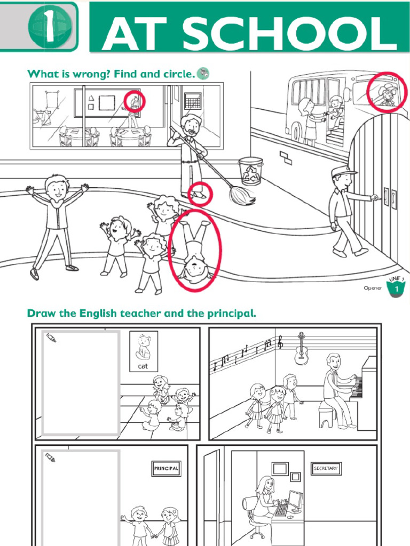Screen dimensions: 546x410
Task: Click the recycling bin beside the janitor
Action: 250,171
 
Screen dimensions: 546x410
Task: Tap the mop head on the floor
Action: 242,196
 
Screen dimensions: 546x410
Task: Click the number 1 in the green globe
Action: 49,27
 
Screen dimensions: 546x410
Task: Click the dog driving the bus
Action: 388,94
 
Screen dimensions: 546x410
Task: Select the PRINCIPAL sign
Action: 166,468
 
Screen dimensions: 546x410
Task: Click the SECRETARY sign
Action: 326,468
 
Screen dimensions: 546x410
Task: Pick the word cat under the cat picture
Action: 143,366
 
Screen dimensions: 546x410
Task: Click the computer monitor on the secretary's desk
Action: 295,501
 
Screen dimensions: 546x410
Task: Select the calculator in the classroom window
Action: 193,100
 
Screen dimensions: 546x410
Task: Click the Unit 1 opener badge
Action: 396,286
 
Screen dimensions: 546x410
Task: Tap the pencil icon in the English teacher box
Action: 51,338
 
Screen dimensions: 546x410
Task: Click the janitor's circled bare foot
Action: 199,195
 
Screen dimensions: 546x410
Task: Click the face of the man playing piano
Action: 335,363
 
